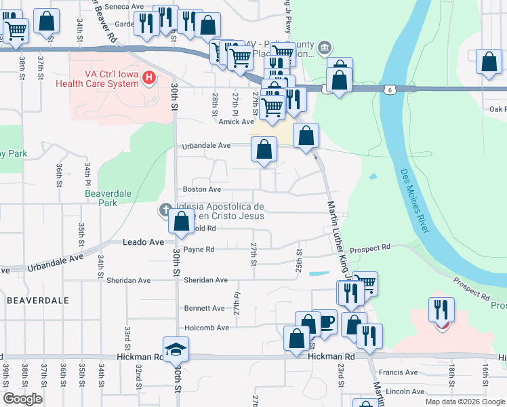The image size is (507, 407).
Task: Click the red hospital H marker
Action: pos(149,79)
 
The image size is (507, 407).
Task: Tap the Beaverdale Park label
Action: pos(101,197)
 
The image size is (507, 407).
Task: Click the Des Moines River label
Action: pos(415,201)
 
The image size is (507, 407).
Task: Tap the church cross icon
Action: pos(165,210)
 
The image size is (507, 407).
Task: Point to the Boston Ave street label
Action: pos(202,189)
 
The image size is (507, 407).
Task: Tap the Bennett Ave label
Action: pos(204,308)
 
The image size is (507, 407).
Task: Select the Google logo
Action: pos(23,399)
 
